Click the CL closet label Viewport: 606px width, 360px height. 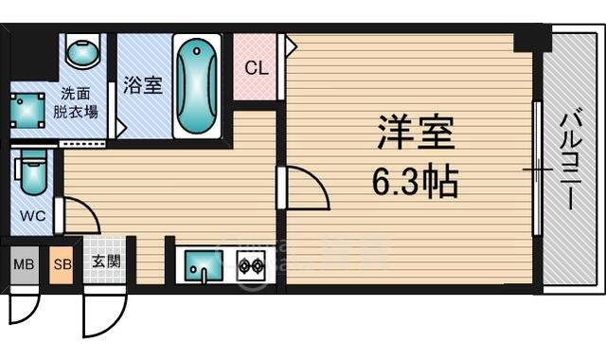pos(257,68)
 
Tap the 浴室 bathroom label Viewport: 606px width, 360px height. pos(143,84)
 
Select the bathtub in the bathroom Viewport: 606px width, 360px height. pos(197,86)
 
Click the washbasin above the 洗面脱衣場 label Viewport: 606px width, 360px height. pos(82,51)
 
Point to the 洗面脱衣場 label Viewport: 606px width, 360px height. pos(75,102)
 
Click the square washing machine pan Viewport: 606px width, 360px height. pos(27,110)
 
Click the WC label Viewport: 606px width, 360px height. pos(33,215)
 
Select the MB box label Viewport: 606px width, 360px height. pos(24,264)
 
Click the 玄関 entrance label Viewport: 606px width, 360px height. pos(106,261)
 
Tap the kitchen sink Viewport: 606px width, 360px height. pos(204,265)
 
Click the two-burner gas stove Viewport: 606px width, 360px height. pos(251,265)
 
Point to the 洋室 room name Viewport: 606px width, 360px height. pos(416,132)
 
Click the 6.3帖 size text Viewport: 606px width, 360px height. pos(415,182)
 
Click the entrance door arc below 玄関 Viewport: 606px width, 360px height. pos(119,322)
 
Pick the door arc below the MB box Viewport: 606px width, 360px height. pos(34,314)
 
